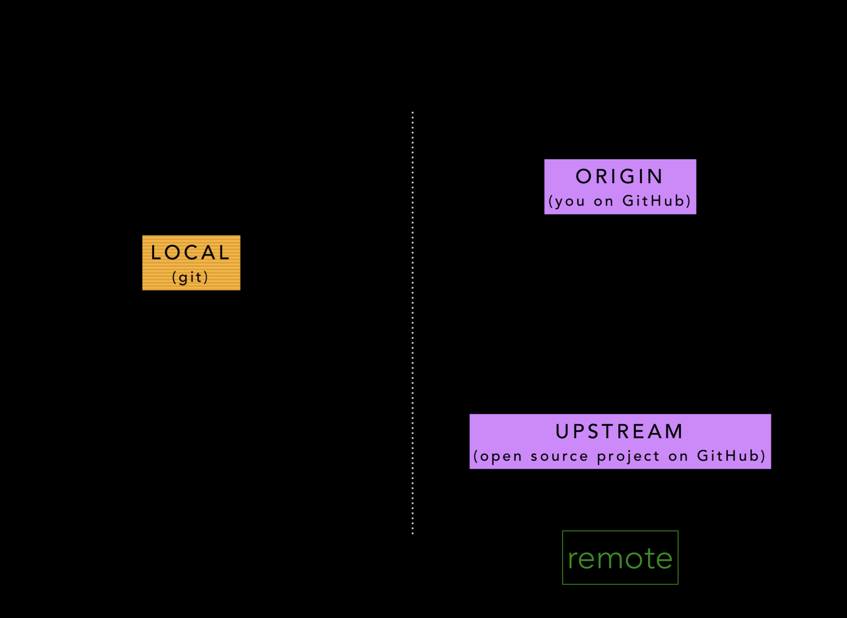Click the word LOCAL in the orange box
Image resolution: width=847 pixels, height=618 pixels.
pyautogui.click(x=190, y=253)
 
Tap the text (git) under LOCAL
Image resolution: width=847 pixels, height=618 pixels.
pyautogui.click(x=190, y=277)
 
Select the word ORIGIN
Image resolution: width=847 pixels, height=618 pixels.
pyautogui.click(x=620, y=177)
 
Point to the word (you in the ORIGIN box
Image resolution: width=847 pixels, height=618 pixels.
pyautogui.click(x=567, y=201)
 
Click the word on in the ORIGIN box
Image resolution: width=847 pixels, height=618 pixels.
pyautogui.click(x=604, y=201)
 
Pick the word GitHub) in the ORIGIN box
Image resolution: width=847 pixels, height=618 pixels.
pyautogui.click(x=656, y=201)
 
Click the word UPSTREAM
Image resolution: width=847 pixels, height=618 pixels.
pyautogui.click(x=620, y=432)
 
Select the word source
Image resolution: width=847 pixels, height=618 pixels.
pyautogui.click(x=559, y=456)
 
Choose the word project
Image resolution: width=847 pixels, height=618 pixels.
pyautogui.click(x=628, y=456)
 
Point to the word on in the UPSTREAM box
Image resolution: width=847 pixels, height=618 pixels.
pyautogui.click(x=678, y=456)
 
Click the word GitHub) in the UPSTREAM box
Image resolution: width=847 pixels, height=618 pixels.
pyautogui.click(x=731, y=456)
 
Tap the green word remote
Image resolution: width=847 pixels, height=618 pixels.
pyautogui.click(x=620, y=558)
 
